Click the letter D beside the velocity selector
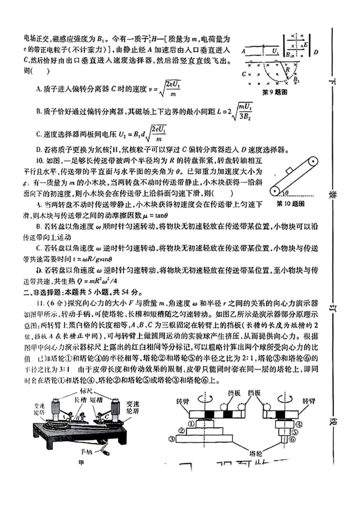316,53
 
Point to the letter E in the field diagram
306,45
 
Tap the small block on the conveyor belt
289,170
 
